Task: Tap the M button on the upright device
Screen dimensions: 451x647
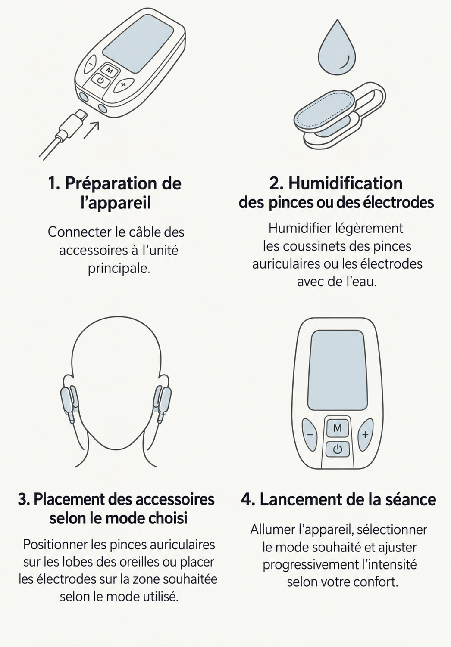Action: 338,428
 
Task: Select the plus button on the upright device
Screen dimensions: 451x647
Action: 365,434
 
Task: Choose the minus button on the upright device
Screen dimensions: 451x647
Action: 310,434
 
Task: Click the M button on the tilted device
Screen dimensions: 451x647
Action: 109,70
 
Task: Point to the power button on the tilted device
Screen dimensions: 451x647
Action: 100,81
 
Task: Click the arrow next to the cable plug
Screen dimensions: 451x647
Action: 92,130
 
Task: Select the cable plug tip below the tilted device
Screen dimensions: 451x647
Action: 81,116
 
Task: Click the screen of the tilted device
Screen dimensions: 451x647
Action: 138,43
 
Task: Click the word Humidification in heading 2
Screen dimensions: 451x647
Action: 345,183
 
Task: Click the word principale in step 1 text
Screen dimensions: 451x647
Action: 119,269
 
